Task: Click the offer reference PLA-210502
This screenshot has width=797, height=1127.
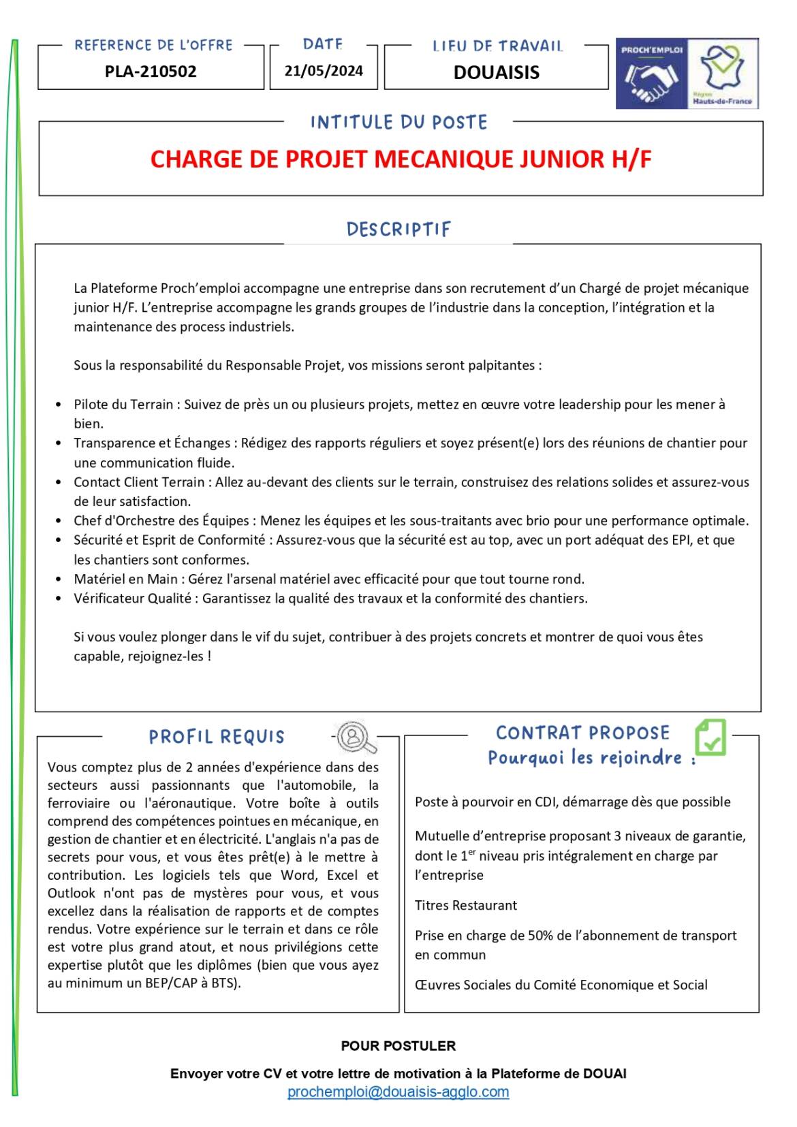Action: [x=151, y=72]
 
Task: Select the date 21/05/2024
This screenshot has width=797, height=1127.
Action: [x=324, y=71]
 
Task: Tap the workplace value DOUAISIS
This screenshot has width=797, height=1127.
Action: [x=496, y=72]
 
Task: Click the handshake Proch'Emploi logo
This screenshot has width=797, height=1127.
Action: [x=651, y=74]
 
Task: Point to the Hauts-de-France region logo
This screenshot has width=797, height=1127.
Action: [x=723, y=73]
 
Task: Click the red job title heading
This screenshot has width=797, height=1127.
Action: [x=401, y=159]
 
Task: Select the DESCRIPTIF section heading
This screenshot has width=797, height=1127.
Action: [x=398, y=229]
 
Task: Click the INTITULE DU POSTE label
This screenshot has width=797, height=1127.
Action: [x=398, y=123]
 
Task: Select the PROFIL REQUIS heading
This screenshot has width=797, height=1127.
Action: [x=217, y=737]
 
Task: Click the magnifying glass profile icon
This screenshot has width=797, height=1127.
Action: [x=355, y=737]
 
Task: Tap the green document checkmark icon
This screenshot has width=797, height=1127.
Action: [x=710, y=737]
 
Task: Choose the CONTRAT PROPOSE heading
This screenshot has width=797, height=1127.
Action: [x=582, y=733]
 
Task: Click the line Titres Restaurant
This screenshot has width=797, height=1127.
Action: [x=466, y=906]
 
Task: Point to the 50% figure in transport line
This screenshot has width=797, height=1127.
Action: [x=540, y=936]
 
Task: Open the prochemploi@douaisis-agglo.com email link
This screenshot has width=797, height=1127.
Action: [x=398, y=1092]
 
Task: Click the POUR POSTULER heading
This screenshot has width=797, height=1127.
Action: [x=398, y=1046]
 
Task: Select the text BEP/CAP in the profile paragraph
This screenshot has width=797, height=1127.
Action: [x=170, y=983]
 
